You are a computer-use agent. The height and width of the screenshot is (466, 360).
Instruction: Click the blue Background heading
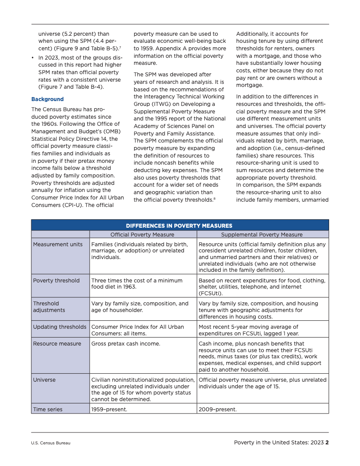[47, 99]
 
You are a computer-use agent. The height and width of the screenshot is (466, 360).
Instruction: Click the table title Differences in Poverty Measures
[179, 225]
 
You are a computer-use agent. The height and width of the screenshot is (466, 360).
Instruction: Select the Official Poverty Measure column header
[142, 235]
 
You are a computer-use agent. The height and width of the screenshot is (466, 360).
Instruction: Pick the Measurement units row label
[58, 244]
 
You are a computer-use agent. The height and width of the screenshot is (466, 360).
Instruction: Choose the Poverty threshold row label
[56, 281]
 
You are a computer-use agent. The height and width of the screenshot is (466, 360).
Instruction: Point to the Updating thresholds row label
[60, 327]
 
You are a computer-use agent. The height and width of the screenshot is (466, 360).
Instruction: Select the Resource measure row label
[57, 344]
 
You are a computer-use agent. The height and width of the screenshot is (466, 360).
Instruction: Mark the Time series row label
[48, 410]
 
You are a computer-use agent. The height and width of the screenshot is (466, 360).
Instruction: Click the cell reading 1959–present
[109, 410]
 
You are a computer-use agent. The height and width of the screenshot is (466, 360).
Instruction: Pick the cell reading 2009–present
[217, 410]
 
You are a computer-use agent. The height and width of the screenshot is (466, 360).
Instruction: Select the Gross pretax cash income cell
[126, 344]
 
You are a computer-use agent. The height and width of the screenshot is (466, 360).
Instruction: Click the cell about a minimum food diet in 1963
[137, 283]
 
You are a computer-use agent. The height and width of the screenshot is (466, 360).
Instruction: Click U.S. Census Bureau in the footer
[51, 443]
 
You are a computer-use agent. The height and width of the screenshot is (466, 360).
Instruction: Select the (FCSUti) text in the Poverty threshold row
[211, 293]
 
